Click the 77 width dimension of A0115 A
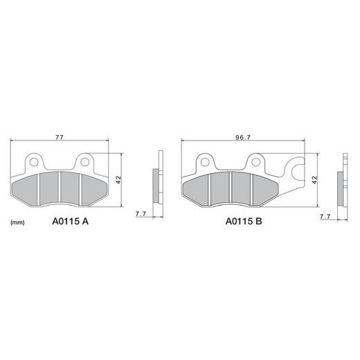(x=60, y=137)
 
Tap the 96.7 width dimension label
(x=243, y=138)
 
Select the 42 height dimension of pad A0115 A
(x=118, y=180)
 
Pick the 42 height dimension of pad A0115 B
(x=314, y=180)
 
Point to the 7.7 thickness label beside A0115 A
(x=141, y=214)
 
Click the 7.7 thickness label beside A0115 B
(x=325, y=217)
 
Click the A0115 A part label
(x=71, y=222)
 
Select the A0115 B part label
(x=244, y=222)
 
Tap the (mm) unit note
(x=17, y=223)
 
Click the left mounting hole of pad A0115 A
(x=34, y=162)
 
